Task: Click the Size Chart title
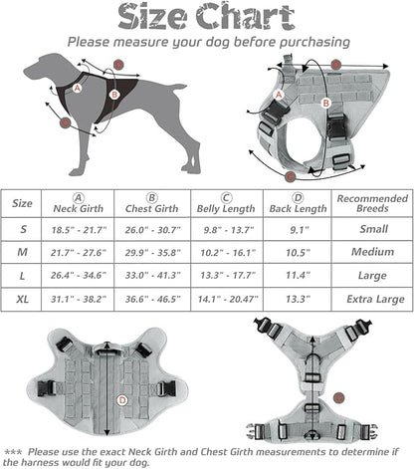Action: click(x=207, y=17)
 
